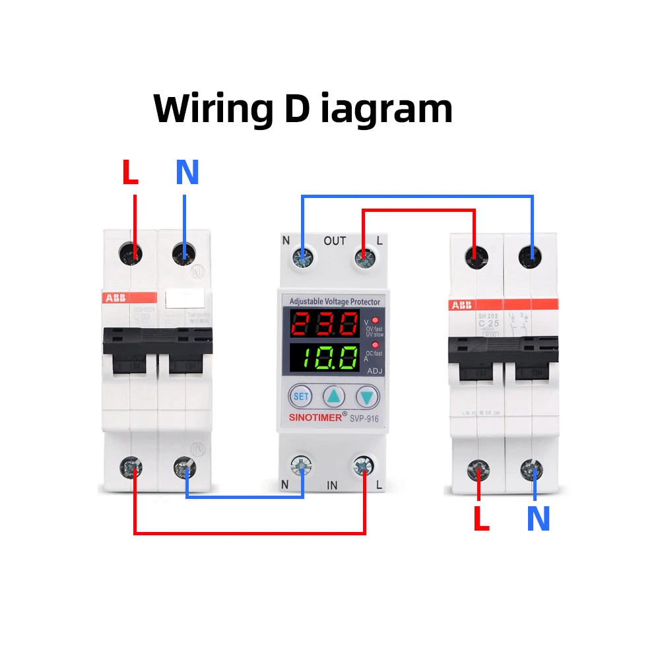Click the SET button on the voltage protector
[x=301, y=397]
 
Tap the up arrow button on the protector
[x=334, y=397]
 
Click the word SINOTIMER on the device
[x=315, y=418]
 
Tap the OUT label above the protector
[x=335, y=241]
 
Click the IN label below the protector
[x=332, y=485]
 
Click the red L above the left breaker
[x=131, y=173]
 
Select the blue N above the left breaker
[x=187, y=173]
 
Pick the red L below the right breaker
[x=482, y=519]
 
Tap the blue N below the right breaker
[x=538, y=519]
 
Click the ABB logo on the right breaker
[x=461, y=306]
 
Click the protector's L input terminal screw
[x=362, y=466]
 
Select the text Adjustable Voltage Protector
[x=335, y=302]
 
